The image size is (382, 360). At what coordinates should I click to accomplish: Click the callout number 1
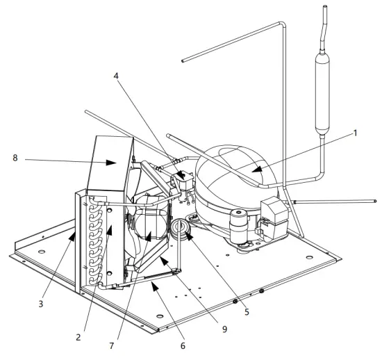[356, 133]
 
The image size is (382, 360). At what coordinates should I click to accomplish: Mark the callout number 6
[183, 345]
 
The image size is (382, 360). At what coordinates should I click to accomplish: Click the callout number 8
[15, 158]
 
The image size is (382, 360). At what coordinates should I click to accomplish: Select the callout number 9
[224, 329]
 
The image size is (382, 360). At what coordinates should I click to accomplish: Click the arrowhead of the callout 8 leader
[113, 164]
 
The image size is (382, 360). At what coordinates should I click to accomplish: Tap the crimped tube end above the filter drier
[327, 24]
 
